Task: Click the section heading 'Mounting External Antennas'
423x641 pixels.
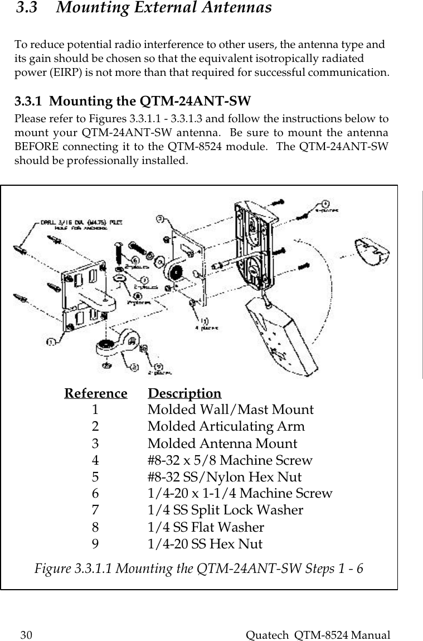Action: click(x=164, y=8)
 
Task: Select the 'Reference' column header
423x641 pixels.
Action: click(x=96, y=393)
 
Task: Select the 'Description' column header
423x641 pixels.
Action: click(x=184, y=393)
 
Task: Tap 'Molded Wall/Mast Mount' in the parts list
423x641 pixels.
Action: click(x=230, y=410)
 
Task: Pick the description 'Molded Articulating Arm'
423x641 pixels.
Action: click(x=226, y=427)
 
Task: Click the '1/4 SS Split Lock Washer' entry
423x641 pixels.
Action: click(x=225, y=510)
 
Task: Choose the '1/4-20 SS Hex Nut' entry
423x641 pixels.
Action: click(x=205, y=544)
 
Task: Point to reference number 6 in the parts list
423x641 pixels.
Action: click(x=96, y=494)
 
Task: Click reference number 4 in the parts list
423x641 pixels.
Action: click(x=96, y=460)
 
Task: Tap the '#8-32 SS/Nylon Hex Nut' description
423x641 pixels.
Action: click(x=224, y=477)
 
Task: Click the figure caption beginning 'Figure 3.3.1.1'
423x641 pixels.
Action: click(x=199, y=569)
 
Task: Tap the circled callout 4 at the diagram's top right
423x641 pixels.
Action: click(x=325, y=204)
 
